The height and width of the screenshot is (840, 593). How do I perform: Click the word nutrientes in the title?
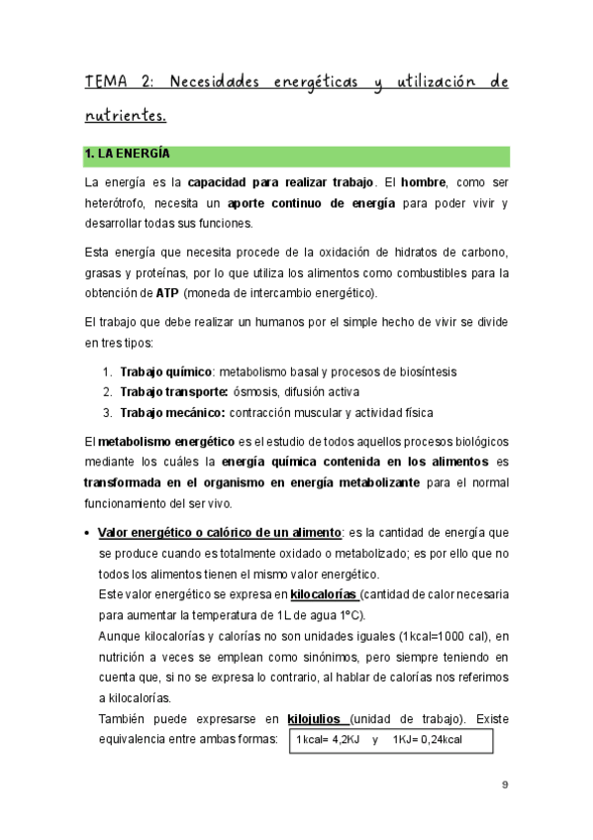125,116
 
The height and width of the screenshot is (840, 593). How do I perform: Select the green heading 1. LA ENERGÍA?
128,155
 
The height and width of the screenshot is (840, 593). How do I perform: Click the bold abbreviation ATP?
167,292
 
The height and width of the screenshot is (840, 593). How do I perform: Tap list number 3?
107,411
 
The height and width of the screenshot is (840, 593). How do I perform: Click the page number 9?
505,785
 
